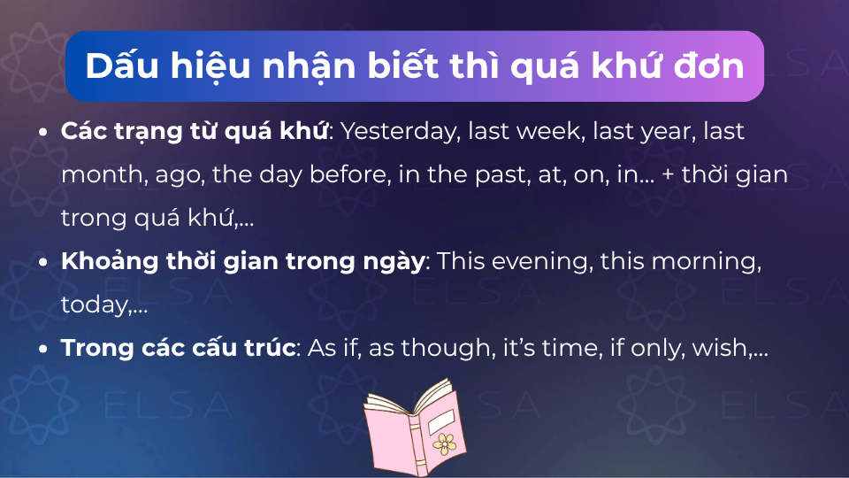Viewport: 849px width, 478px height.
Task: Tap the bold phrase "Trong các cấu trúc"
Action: coord(178,348)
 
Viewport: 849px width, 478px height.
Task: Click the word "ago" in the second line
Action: coord(179,175)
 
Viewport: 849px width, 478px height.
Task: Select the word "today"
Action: coord(94,305)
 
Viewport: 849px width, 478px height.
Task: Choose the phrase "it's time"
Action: coord(548,348)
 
